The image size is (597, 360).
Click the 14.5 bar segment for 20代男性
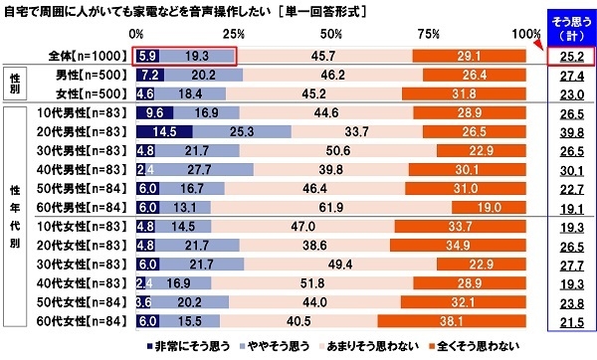[x=161, y=131]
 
